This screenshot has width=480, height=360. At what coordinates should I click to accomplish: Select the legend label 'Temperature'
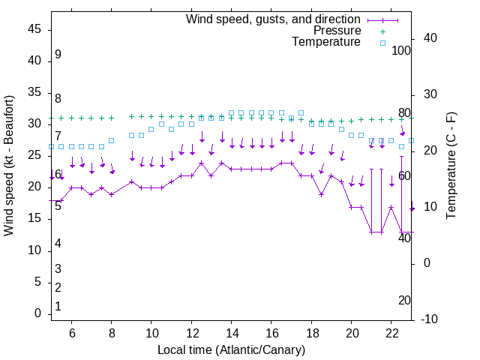[326, 42]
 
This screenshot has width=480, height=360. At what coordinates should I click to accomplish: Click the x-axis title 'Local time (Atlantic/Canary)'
[231, 349]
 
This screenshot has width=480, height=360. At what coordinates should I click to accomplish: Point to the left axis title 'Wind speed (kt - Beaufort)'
[9, 165]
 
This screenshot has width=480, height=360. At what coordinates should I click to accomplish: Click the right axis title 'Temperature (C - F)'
[451, 166]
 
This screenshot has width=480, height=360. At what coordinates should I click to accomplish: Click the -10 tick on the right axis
[428, 319]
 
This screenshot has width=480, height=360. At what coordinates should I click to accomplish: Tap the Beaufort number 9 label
[58, 55]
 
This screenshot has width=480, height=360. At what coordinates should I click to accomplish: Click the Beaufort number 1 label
[58, 307]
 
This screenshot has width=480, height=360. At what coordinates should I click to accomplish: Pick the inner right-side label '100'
[401, 51]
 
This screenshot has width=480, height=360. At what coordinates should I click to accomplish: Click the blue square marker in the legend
[382, 43]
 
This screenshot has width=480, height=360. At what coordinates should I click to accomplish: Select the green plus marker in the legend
[382, 31]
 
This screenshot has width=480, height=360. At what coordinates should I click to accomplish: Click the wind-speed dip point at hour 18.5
[321, 194]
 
